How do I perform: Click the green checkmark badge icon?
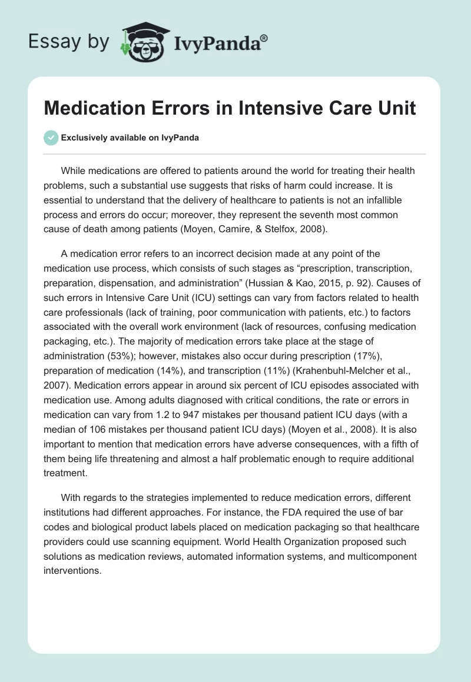coord(51,138)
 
